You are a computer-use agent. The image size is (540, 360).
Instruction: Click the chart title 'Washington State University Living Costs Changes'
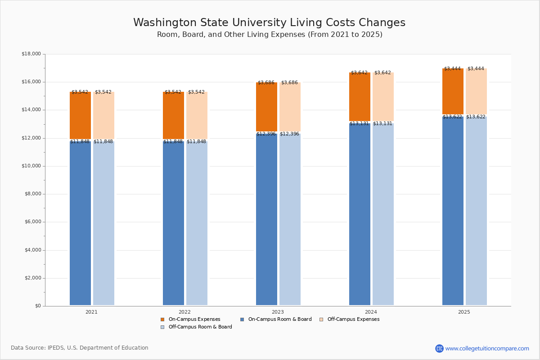tap(269, 23)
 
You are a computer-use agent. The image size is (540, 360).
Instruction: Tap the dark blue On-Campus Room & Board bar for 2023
tap(266, 220)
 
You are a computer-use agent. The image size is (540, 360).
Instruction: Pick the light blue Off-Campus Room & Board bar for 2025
tap(476, 211)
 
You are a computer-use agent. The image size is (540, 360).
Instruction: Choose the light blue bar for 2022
tap(197, 225)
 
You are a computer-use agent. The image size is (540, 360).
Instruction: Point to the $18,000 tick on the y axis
tap(31, 54)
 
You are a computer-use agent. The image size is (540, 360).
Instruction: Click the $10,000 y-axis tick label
tap(31, 166)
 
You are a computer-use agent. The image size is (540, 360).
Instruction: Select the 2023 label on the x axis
tap(278, 312)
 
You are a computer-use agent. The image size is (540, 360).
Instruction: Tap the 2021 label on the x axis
tap(91, 312)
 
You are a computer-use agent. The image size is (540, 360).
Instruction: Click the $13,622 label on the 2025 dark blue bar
tap(452, 117)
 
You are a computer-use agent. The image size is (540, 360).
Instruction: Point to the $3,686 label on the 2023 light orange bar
tap(290, 83)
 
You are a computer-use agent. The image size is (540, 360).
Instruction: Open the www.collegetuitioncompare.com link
tap(487, 348)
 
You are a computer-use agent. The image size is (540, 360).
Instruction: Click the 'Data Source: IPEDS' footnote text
tap(80, 348)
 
